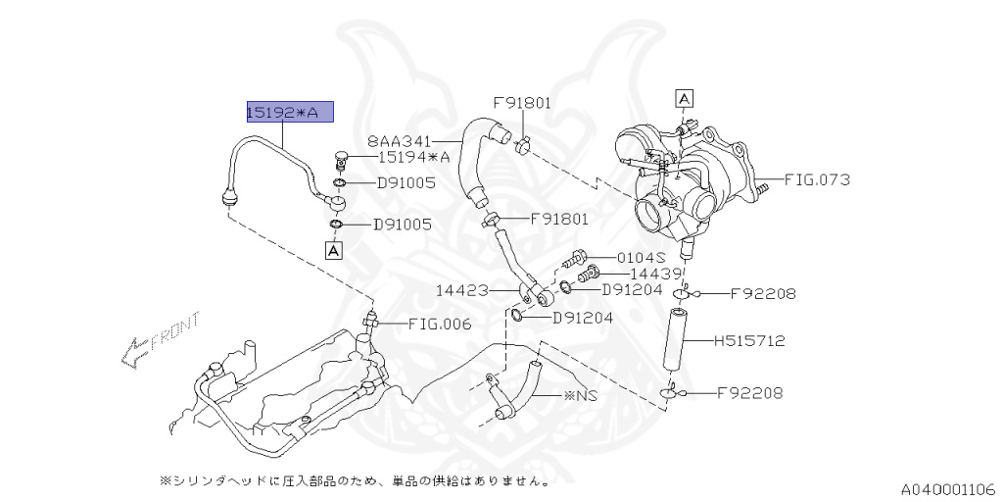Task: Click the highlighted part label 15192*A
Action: pos(290,112)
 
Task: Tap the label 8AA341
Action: pos(400,141)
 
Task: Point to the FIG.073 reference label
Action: pos(818,179)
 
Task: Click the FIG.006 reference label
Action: pos(440,324)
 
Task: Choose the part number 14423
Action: pos(462,290)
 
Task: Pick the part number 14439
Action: pos(655,275)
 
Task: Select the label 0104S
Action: pos(642,258)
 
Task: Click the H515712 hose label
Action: pos(749,340)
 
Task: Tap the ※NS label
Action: pos(580,395)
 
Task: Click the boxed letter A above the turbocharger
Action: pos(685,99)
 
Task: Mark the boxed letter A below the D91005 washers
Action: pos(334,250)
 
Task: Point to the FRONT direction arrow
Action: pos(161,338)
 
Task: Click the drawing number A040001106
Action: pos(948,490)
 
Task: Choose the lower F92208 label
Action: pos(749,392)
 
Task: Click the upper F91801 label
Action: pos(522,102)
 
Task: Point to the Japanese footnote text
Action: pos(354,479)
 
